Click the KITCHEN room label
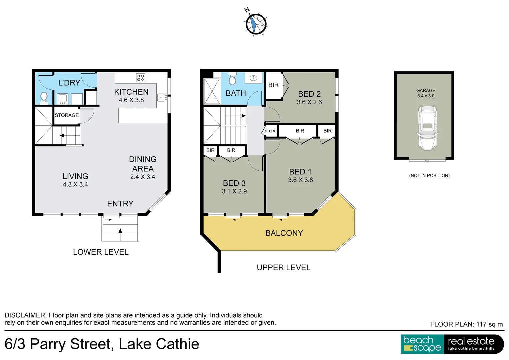click(131, 92)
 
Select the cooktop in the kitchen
click(140, 78)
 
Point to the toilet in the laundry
click(44, 97)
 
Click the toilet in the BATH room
click(232, 79)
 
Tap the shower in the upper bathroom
click(212, 91)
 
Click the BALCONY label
click(284, 233)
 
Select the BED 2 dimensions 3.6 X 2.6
click(309, 102)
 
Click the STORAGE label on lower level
click(67, 115)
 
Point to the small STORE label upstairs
click(270, 131)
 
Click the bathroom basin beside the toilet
click(254, 78)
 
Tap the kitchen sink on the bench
click(161, 97)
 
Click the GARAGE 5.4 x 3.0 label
click(426, 93)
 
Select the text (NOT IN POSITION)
click(429, 176)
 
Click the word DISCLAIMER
click(25, 315)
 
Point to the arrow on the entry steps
click(120, 230)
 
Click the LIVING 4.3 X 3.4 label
click(75, 180)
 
